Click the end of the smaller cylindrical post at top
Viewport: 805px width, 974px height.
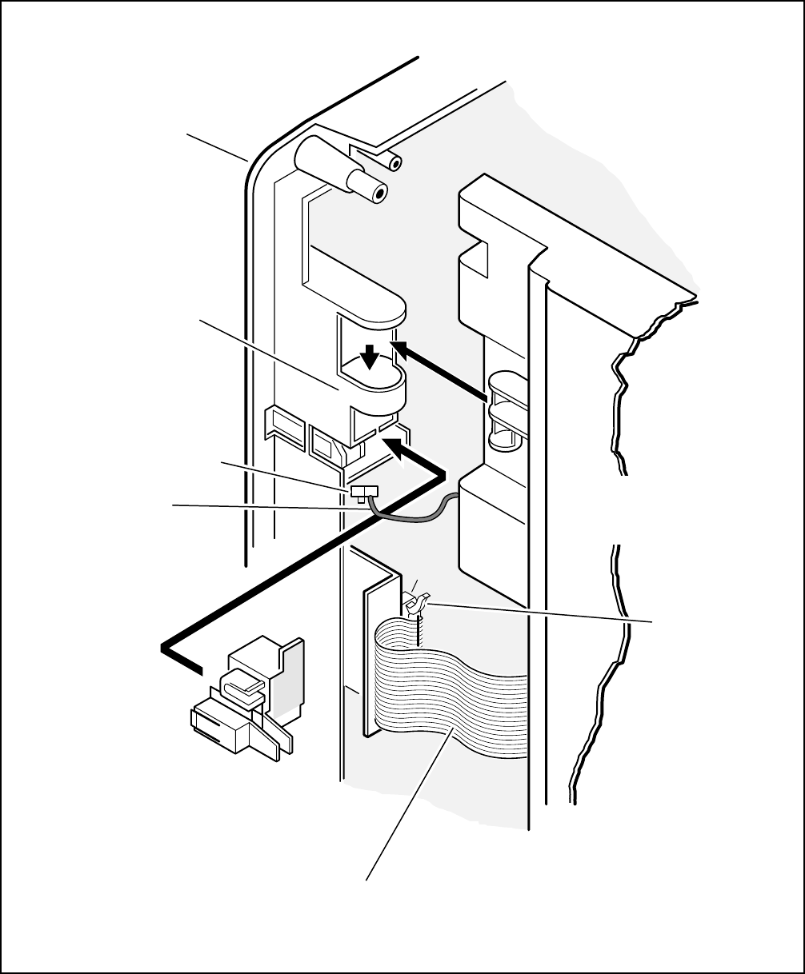393,163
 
